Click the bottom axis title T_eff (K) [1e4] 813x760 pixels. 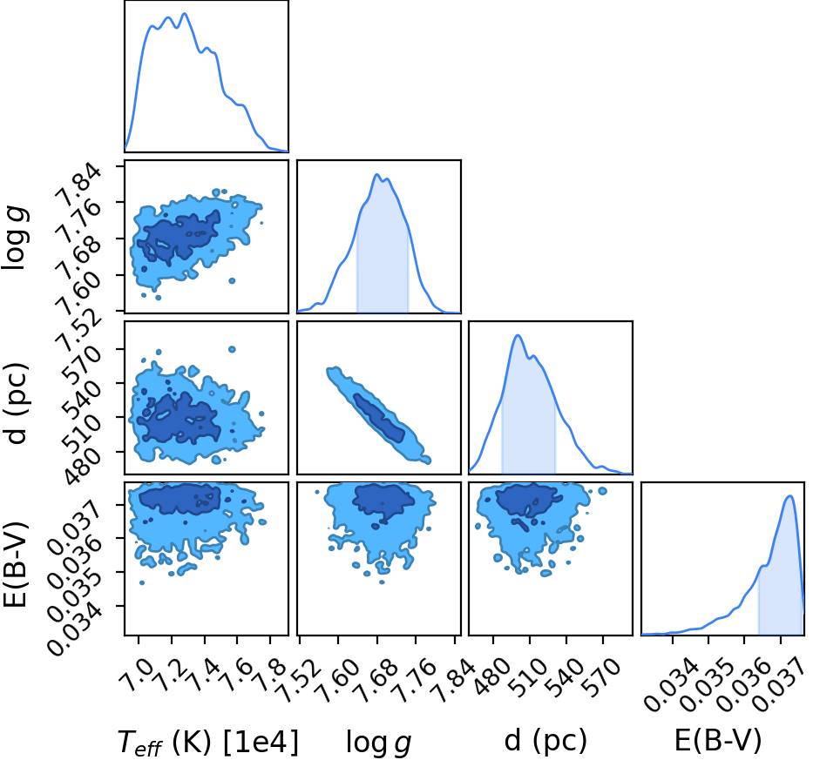(x=208, y=742)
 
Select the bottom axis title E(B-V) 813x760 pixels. (x=718, y=740)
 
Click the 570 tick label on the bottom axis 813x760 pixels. (x=601, y=676)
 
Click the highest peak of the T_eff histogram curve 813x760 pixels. (x=185, y=13)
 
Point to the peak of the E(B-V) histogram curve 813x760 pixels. (x=789, y=496)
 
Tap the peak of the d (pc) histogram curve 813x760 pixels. (x=518, y=335)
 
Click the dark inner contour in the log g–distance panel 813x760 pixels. (x=379, y=418)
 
